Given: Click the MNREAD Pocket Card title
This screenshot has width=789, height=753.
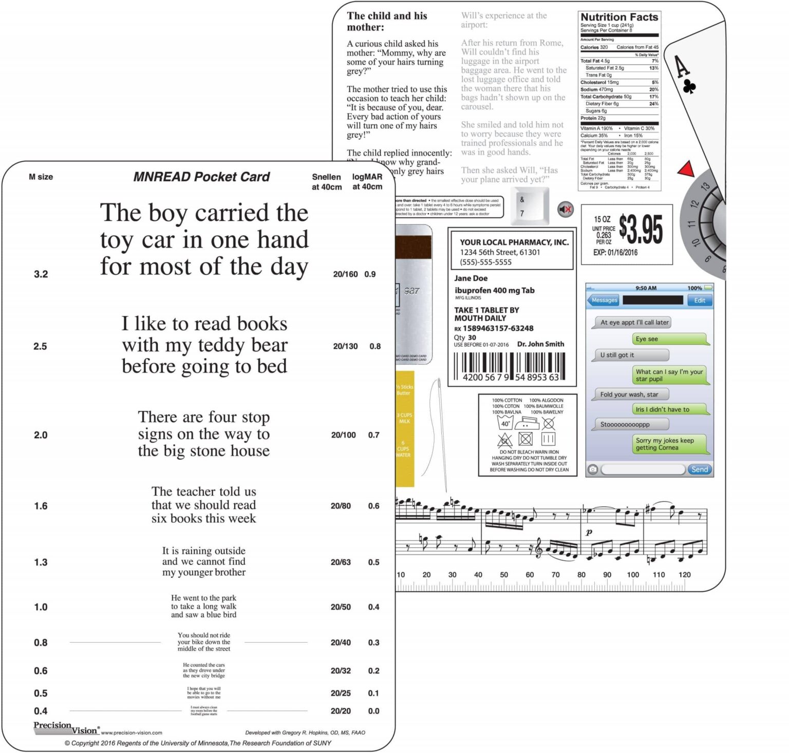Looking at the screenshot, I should [x=201, y=177].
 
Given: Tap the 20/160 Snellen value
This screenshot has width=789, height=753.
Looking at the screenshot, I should [x=345, y=274].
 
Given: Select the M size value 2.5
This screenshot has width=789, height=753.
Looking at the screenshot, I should [x=40, y=346].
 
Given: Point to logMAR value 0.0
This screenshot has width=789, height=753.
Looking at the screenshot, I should [x=373, y=711].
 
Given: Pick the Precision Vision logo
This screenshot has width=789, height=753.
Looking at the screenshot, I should [x=65, y=728].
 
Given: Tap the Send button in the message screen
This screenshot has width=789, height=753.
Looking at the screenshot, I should [x=699, y=469].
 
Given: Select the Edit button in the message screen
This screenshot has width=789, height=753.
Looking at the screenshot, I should [x=700, y=300].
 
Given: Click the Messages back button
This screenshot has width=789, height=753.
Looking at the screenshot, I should [x=603, y=300].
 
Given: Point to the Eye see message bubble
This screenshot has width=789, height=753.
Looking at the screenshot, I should [x=670, y=339].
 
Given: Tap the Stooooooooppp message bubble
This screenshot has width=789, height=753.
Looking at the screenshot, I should [x=631, y=424].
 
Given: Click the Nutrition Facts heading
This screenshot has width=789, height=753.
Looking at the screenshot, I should [x=619, y=17].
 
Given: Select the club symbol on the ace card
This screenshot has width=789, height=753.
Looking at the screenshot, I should [x=689, y=87].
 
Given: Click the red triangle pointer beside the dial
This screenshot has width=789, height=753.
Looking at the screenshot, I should [x=686, y=169].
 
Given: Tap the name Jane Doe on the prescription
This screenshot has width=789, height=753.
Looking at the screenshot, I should [x=471, y=278].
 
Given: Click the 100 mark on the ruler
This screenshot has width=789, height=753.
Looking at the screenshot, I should [x=633, y=575].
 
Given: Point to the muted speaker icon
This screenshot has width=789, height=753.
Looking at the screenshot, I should [x=566, y=209].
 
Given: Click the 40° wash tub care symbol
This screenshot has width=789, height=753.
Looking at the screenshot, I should [x=505, y=423].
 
